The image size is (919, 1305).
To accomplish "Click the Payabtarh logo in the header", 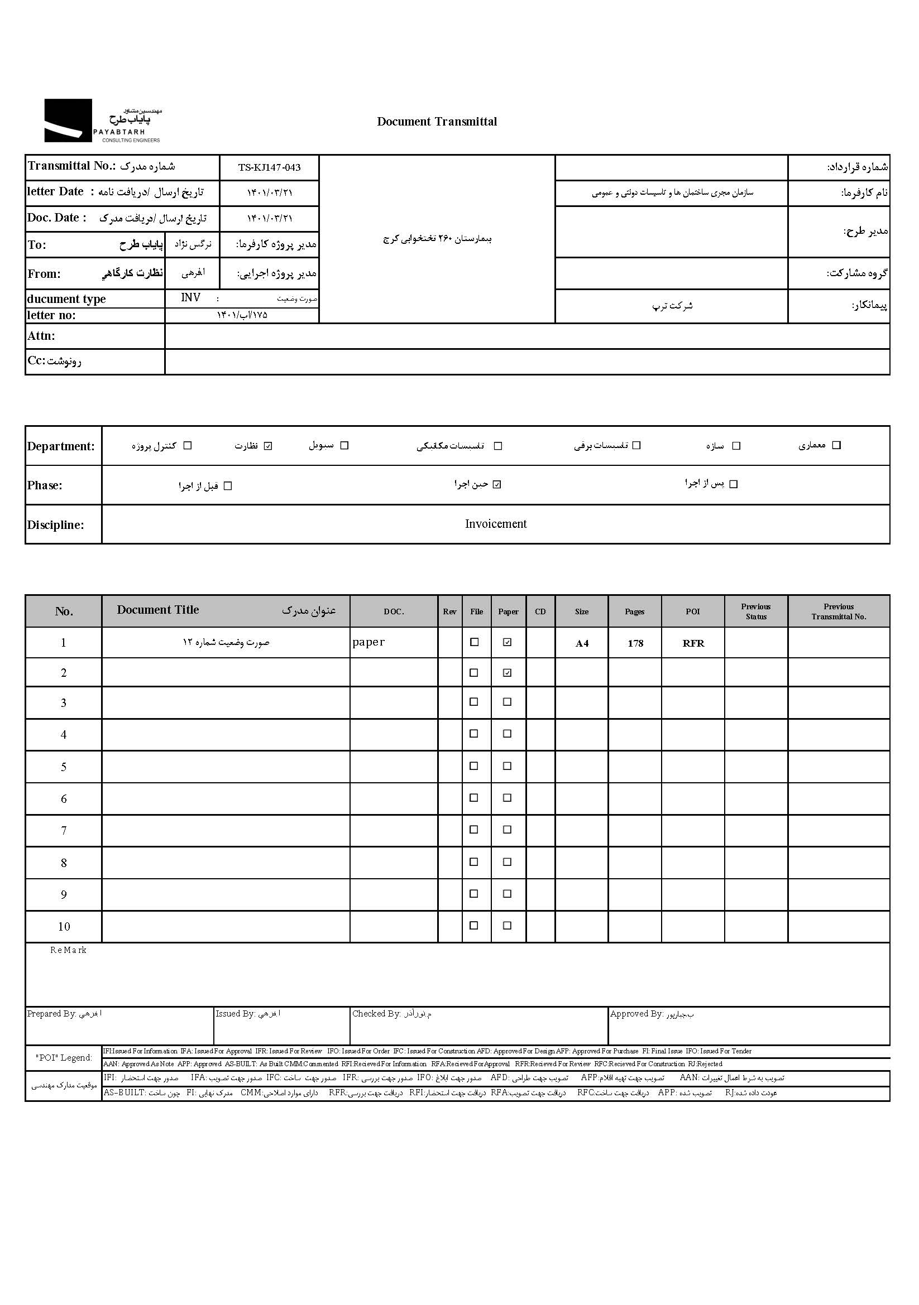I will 102,121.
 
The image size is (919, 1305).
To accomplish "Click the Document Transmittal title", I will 437,122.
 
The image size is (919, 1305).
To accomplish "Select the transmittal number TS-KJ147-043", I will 269,168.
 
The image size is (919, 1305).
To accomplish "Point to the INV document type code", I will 190,298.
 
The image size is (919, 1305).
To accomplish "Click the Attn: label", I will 41,336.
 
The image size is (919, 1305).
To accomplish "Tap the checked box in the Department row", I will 269,446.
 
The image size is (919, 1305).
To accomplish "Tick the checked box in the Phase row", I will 497,485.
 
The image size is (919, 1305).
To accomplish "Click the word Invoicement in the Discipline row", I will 495,524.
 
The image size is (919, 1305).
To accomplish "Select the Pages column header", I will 634,611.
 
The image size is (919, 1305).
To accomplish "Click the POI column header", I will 692,611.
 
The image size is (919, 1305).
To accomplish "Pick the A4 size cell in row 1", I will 582,643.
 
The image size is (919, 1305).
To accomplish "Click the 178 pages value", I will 635,643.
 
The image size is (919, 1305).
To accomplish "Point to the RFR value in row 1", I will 693,643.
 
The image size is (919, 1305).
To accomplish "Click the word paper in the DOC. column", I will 368,642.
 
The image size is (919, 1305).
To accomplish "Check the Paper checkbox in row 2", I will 508,673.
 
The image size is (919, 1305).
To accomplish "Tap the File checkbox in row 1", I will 473,642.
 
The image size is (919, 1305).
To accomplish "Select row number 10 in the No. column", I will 64,927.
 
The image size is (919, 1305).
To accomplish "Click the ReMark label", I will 68,950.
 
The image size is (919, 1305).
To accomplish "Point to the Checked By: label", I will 376,1013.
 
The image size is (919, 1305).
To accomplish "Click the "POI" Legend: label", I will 64,1058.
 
